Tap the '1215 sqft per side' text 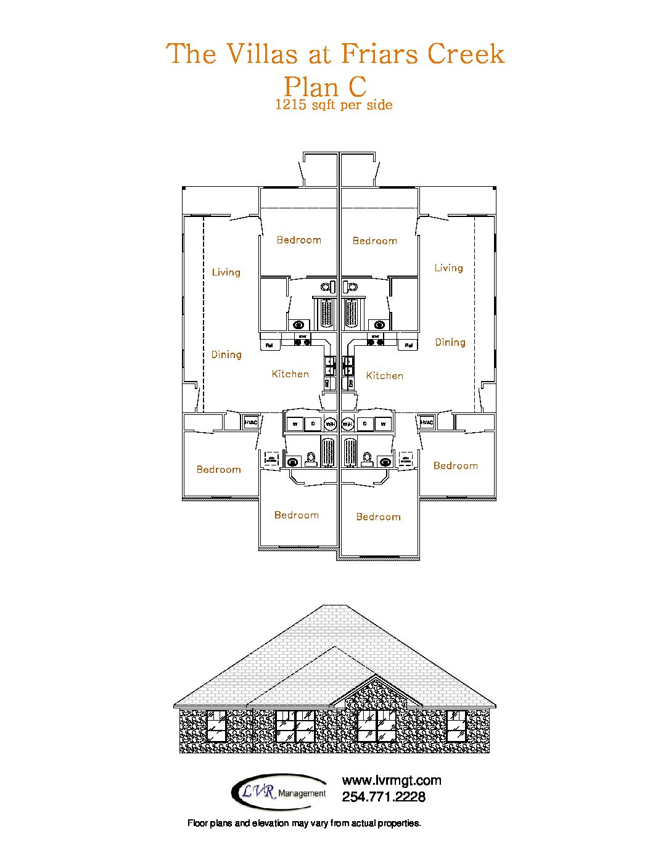[x=334, y=105]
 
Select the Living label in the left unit [x=226, y=272]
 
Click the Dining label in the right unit [x=450, y=342]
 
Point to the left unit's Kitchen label [x=290, y=374]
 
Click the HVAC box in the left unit [x=250, y=422]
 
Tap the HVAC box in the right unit [x=427, y=422]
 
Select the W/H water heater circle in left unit [x=331, y=424]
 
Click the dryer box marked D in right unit [x=365, y=424]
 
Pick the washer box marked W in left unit [x=295, y=424]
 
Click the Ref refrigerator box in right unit [x=408, y=345]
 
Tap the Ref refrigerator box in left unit [x=269, y=345]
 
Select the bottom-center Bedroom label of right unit [x=378, y=517]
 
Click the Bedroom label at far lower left [x=218, y=469]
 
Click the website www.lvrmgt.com [x=392, y=780]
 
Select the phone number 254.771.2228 [x=384, y=797]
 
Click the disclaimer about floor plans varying [x=304, y=823]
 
